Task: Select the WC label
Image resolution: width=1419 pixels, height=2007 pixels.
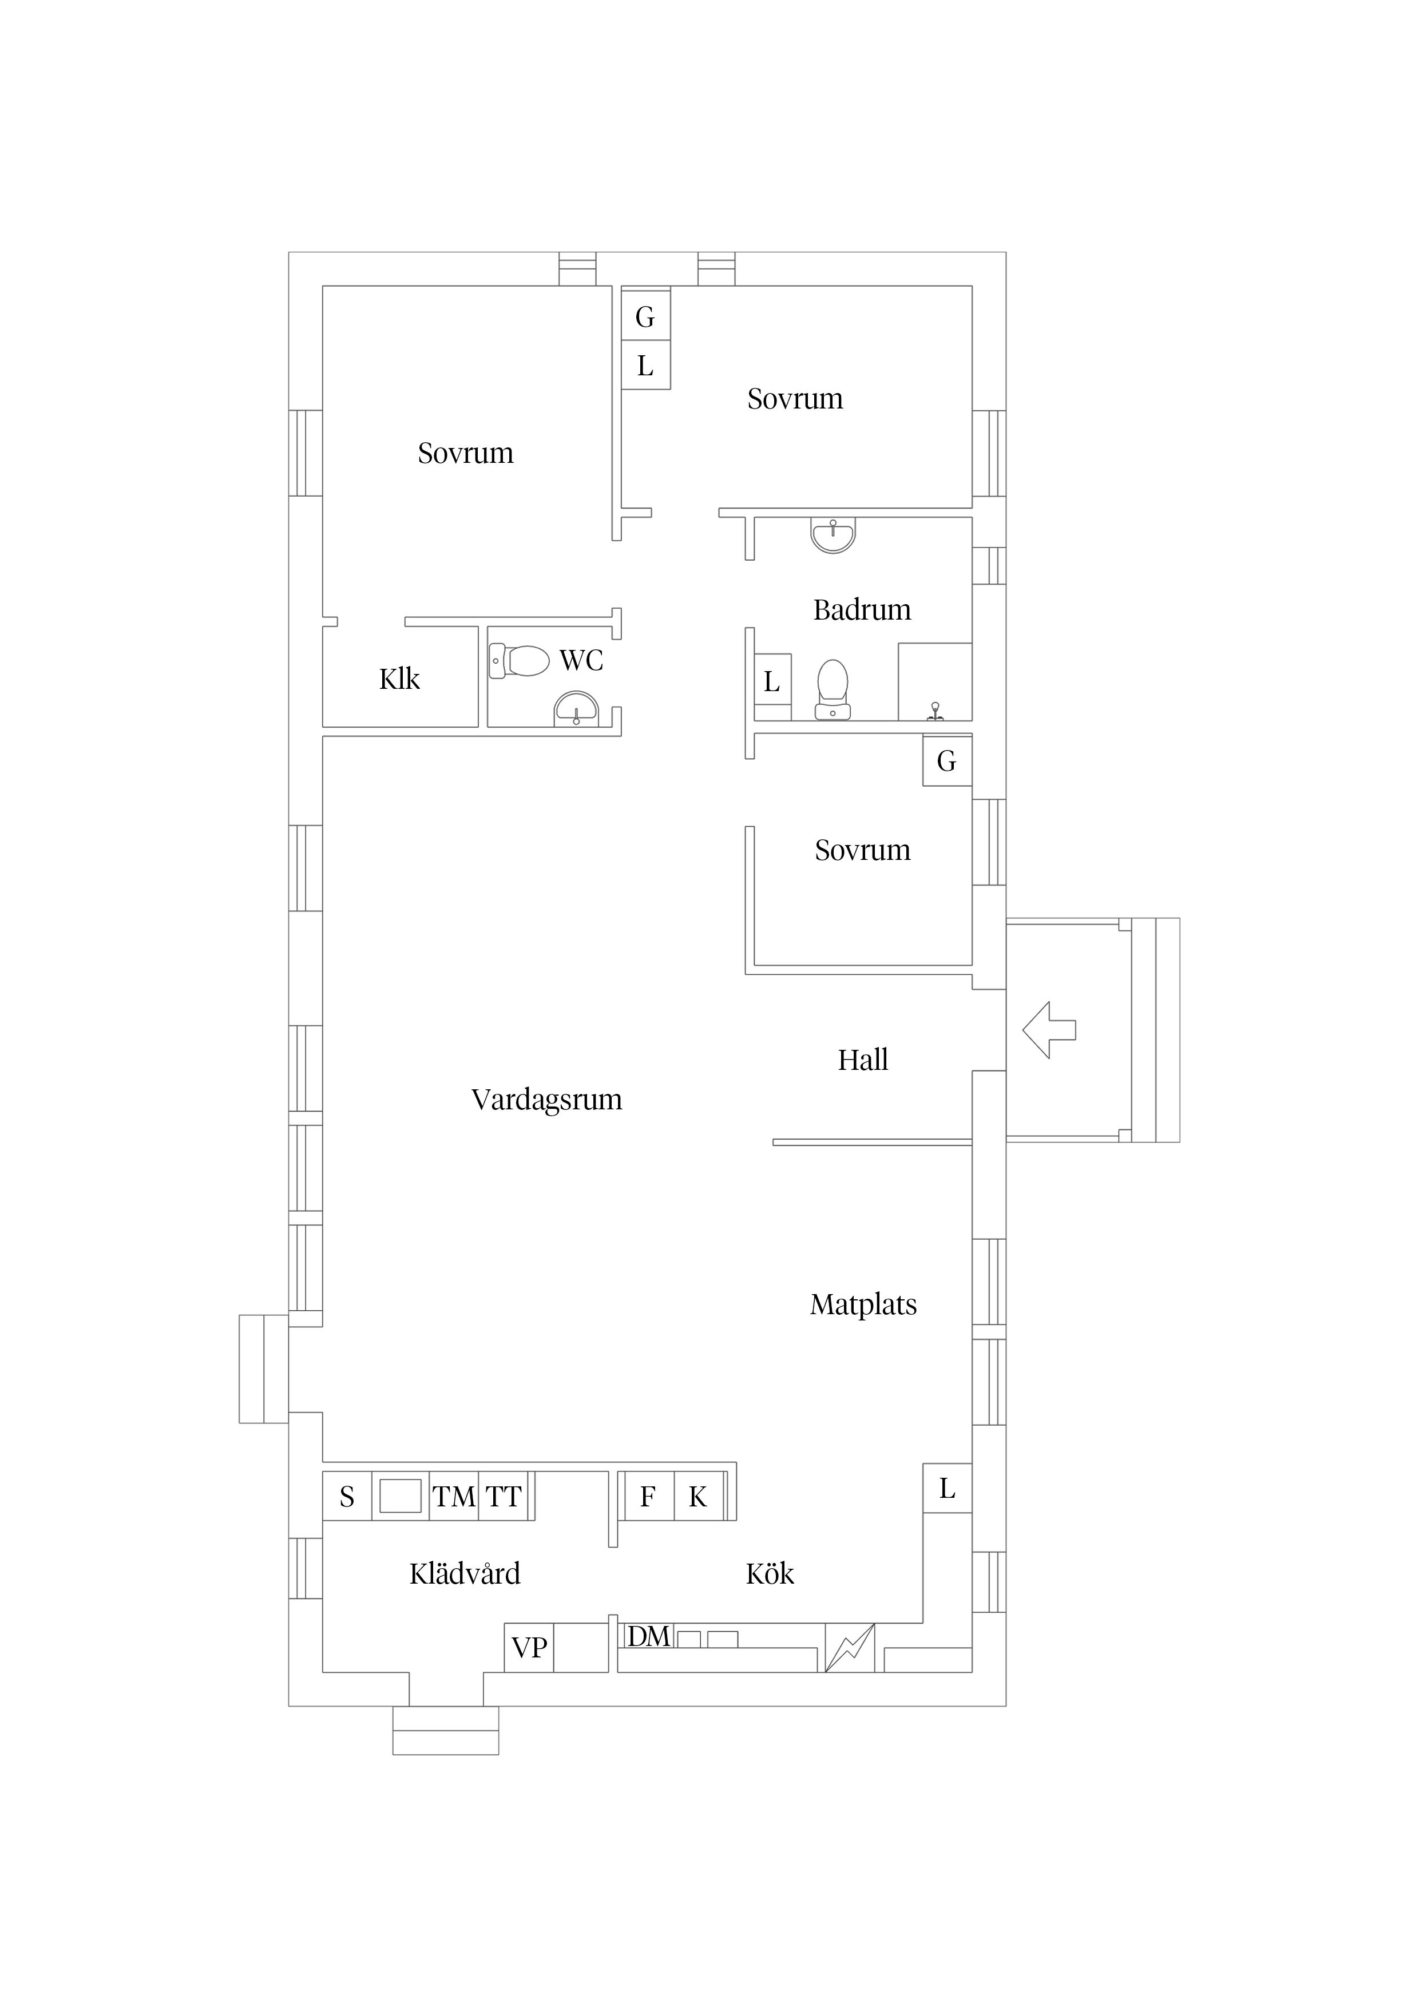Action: (581, 660)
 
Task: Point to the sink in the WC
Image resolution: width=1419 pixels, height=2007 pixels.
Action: (577, 708)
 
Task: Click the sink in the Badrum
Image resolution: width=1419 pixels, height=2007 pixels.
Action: (833, 535)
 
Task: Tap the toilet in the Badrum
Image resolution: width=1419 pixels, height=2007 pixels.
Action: (833, 689)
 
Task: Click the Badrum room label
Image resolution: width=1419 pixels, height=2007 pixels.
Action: (862, 609)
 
